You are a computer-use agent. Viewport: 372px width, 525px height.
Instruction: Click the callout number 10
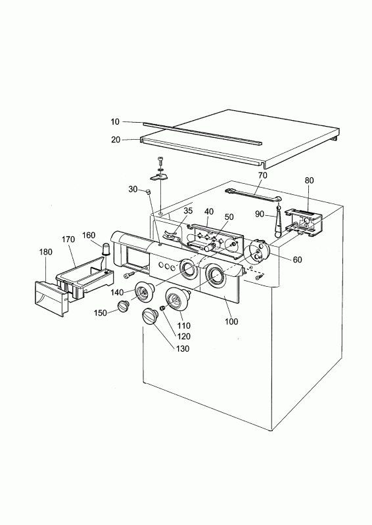point(115,122)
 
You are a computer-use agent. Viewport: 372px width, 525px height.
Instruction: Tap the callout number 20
point(116,140)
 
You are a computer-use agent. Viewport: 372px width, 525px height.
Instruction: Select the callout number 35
point(188,211)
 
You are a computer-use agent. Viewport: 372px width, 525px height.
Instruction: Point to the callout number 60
point(297,259)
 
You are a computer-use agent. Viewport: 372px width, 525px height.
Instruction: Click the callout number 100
point(231,322)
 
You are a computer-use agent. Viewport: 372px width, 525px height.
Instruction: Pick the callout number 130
point(183,348)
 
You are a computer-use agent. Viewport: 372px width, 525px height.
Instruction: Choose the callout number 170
point(68,240)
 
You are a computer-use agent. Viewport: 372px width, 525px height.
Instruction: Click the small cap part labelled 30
point(148,192)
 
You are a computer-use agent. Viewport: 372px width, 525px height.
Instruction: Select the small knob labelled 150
point(123,306)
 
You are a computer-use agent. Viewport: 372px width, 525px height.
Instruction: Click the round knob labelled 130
point(151,317)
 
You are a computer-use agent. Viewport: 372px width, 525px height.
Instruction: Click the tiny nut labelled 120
point(162,308)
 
